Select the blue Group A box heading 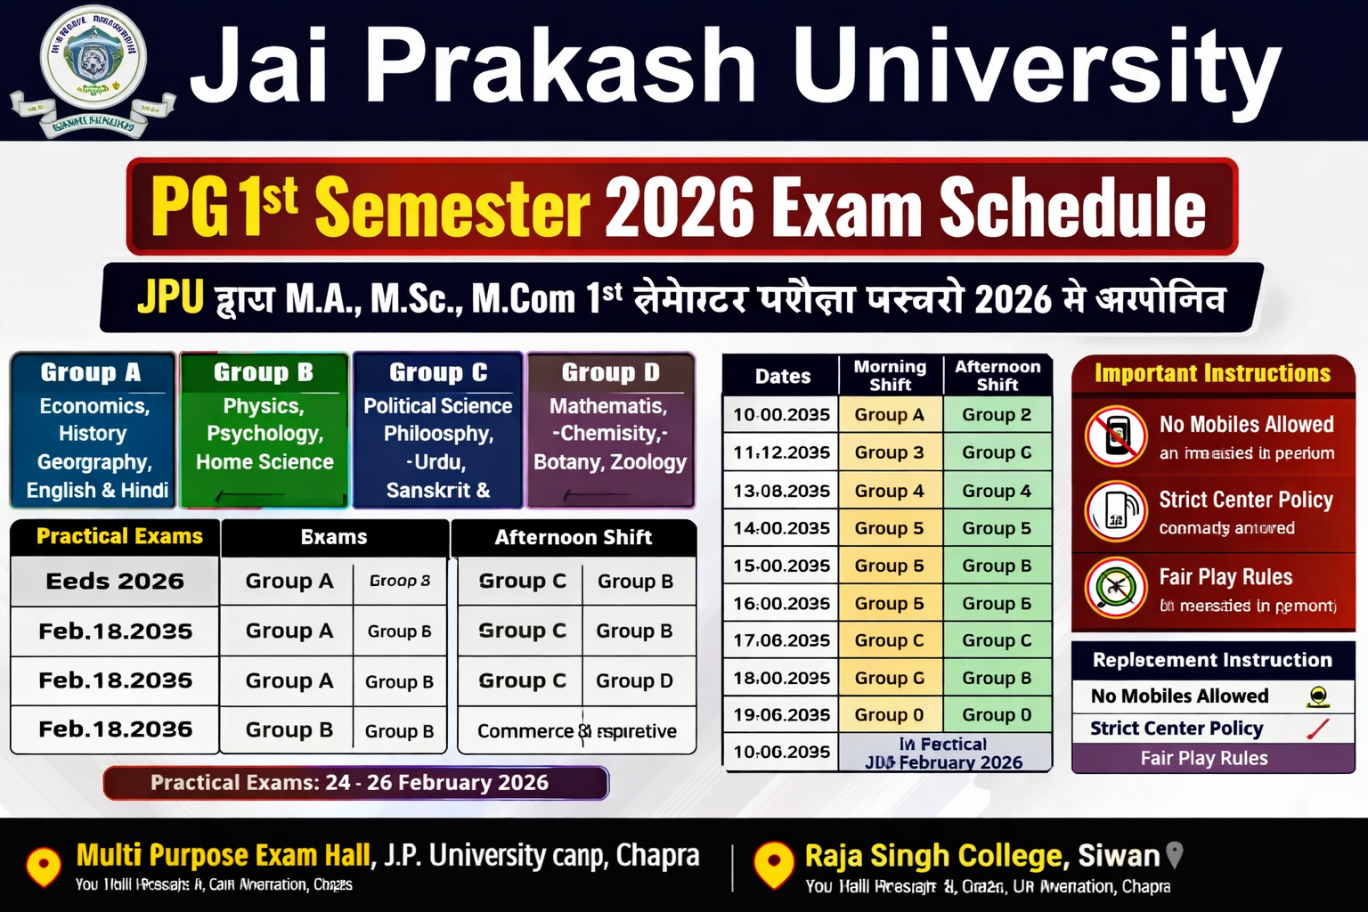(x=91, y=372)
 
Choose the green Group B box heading (x=264, y=372)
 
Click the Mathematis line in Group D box (x=608, y=406)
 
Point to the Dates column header (x=782, y=376)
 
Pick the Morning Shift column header (x=890, y=375)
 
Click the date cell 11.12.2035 (x=781, y=452)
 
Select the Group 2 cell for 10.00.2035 (x=997, y=414)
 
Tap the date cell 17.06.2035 (x=781, y=640)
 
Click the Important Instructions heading (x=1212, y=373)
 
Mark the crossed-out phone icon (x=1115, y=436)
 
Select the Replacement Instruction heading (x=1212, y=660)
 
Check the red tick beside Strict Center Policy (x=1317, y=729)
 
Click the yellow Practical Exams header (x=119, y=536)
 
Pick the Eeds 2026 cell (x=115, y=582)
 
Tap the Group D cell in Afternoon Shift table (x=634, y=680)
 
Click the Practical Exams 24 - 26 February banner (x=356, y=783)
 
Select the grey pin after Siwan (x=1175, y=855)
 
